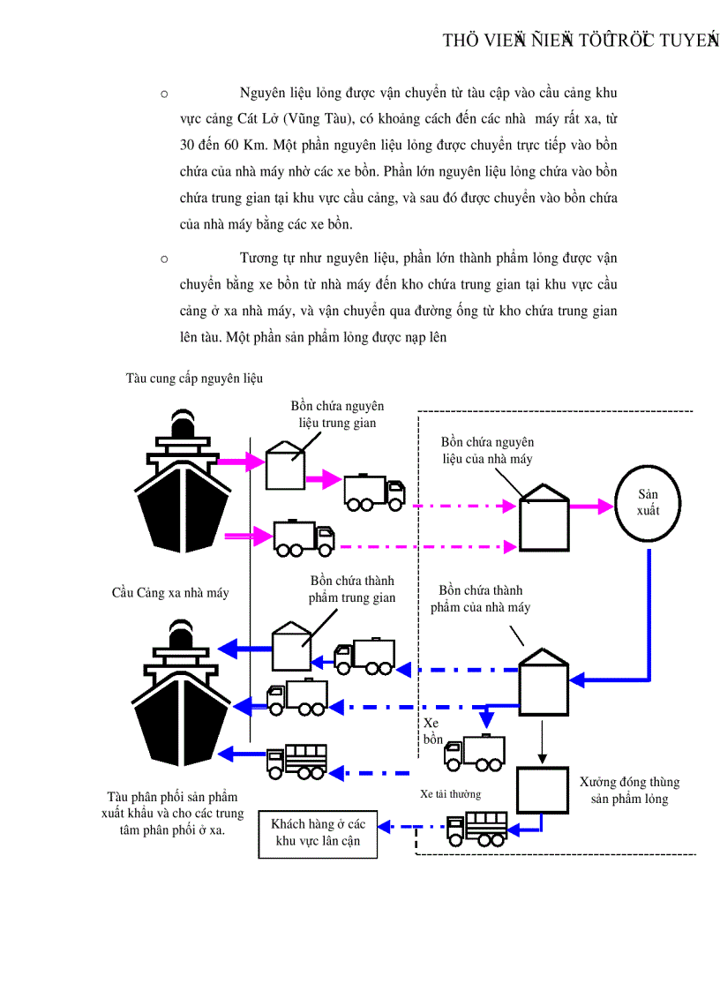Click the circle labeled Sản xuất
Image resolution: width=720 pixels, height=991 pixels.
pyautogui.click(x=648, y=503)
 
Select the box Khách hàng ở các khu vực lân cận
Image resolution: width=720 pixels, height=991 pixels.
pyautogui.click(x=323, y=832)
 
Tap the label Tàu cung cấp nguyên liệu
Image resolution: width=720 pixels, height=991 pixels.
pyautogui.click(x=194, y=378)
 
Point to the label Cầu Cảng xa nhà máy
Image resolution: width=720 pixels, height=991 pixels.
pyautogui.click(x=170, y=592)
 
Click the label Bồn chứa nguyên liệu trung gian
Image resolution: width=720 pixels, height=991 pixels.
pyautogui.click(x=338, y=414)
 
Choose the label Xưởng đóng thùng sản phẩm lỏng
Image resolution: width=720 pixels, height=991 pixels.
pyautogui.click(x=629, y=790)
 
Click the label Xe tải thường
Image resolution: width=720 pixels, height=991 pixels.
pyautogui.click(x=450, y=794)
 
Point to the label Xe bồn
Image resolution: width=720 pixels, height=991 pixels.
pyautogui.click(x=432, y=731)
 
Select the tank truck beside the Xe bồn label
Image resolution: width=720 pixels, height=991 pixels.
pyautogui.click(x=476, y=752)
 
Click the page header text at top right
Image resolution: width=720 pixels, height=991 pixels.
pyautogui.click(x=580, y=40)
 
